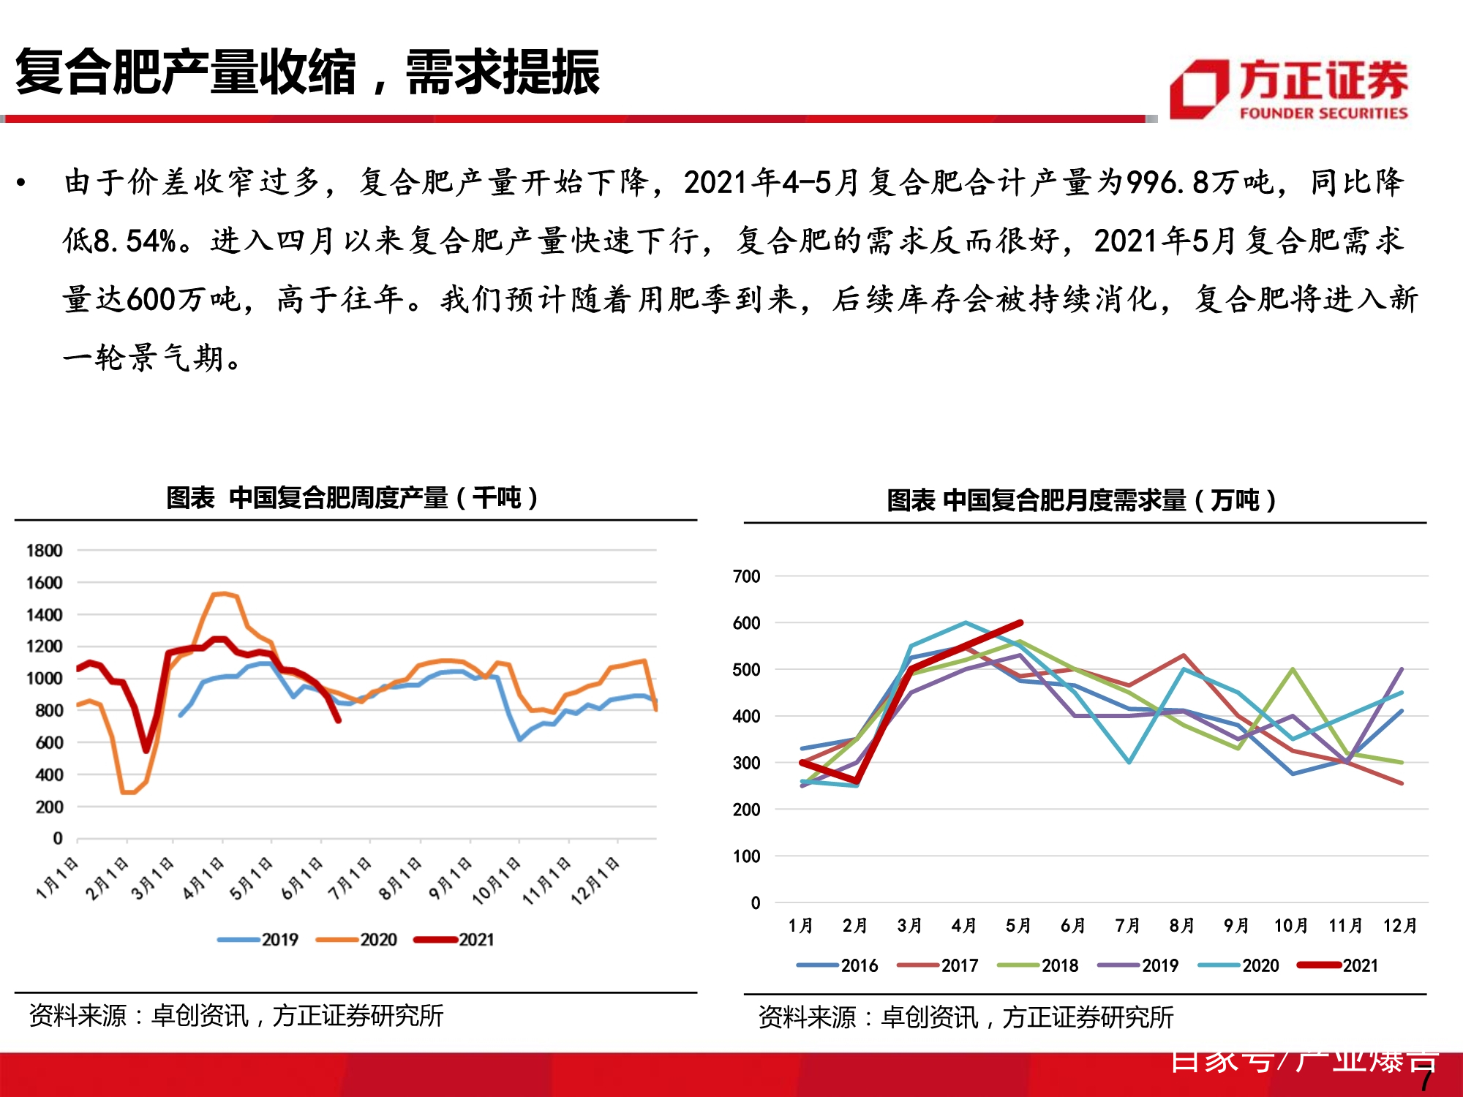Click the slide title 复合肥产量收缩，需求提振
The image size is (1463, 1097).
pyautogui.click(x=307, y=73)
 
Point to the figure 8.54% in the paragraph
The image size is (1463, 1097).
pyautogui.click(x=136, y=241)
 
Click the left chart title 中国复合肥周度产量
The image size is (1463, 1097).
pyautogui.click(x=352, y=498)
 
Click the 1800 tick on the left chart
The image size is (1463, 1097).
pyautogui.click(x=44, y=551)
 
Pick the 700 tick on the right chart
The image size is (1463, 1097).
pyautogui.click(x=746, y=576)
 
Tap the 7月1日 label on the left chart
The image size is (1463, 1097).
pyautogui.click(x=350, y=878)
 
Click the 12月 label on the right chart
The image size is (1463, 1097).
pyautogui.click(x=1399, y=926)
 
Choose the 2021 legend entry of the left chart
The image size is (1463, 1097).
pyautogui.click(x=454, y=940)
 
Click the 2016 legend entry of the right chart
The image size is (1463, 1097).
pyautogui.click(x=838, y=965)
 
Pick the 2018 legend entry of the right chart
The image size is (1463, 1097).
pyautogui.click(x=1038, y=965)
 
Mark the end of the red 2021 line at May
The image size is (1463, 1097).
pyautogui.click(x=1020, y=623)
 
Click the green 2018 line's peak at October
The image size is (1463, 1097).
pyautogui.click(x=1293, y=669)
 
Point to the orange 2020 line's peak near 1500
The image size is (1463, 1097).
pyautogui.click(x=224, y=593)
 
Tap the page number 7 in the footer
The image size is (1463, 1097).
pyautogui.click(x=1425, y=1081)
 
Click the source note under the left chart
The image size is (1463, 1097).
pyautogui.click(x=236, y=1016)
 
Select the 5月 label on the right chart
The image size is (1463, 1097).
pyautogui.click(x=1018, y=926)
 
